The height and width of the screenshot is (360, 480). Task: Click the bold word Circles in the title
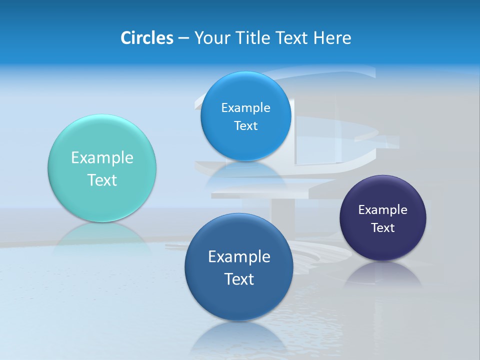(146, 38)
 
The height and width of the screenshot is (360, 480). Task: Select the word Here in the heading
(332, 38)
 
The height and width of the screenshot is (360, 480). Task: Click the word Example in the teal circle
(102, 158)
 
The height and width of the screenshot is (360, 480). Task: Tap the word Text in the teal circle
(102, 180)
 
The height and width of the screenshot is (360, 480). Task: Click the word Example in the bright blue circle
(245, 108)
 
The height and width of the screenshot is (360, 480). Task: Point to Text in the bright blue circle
(245, 126)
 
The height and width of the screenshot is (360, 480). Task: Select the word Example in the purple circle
(383, 210)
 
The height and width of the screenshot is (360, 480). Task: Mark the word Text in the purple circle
(383, 228)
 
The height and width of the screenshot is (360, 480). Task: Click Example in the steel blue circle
(239, 257)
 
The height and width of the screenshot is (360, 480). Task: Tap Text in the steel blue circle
(239, 279)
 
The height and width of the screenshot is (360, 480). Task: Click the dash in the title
(183, 38)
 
